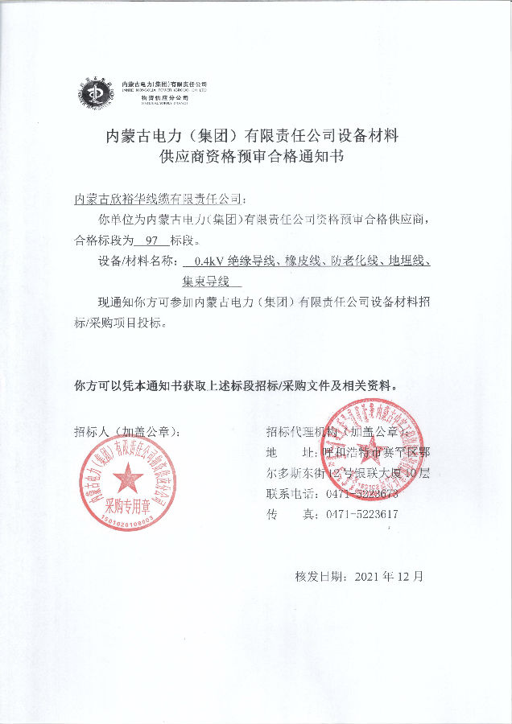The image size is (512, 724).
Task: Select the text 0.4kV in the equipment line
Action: pos(205,261)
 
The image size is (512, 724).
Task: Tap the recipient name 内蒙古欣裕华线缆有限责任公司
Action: pos(156,198)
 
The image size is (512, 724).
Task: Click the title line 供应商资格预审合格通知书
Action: pos(253,157)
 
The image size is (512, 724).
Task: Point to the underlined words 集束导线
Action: pos(206,282)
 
